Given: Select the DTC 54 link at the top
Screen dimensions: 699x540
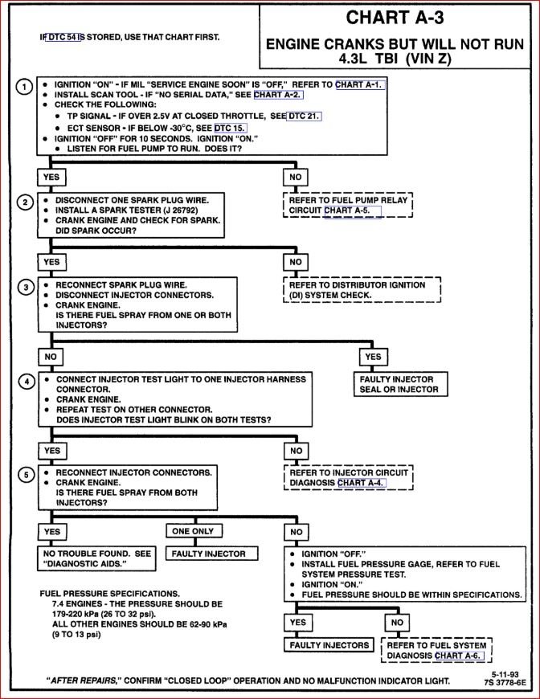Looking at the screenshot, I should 64,37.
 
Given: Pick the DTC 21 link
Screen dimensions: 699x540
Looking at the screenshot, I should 304,117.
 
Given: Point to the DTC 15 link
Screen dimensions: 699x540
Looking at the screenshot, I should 229,128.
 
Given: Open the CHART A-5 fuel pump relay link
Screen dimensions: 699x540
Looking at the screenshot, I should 352,211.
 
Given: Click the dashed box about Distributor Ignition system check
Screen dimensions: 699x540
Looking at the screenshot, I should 362,289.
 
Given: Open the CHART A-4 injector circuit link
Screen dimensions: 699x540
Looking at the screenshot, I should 361,483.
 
